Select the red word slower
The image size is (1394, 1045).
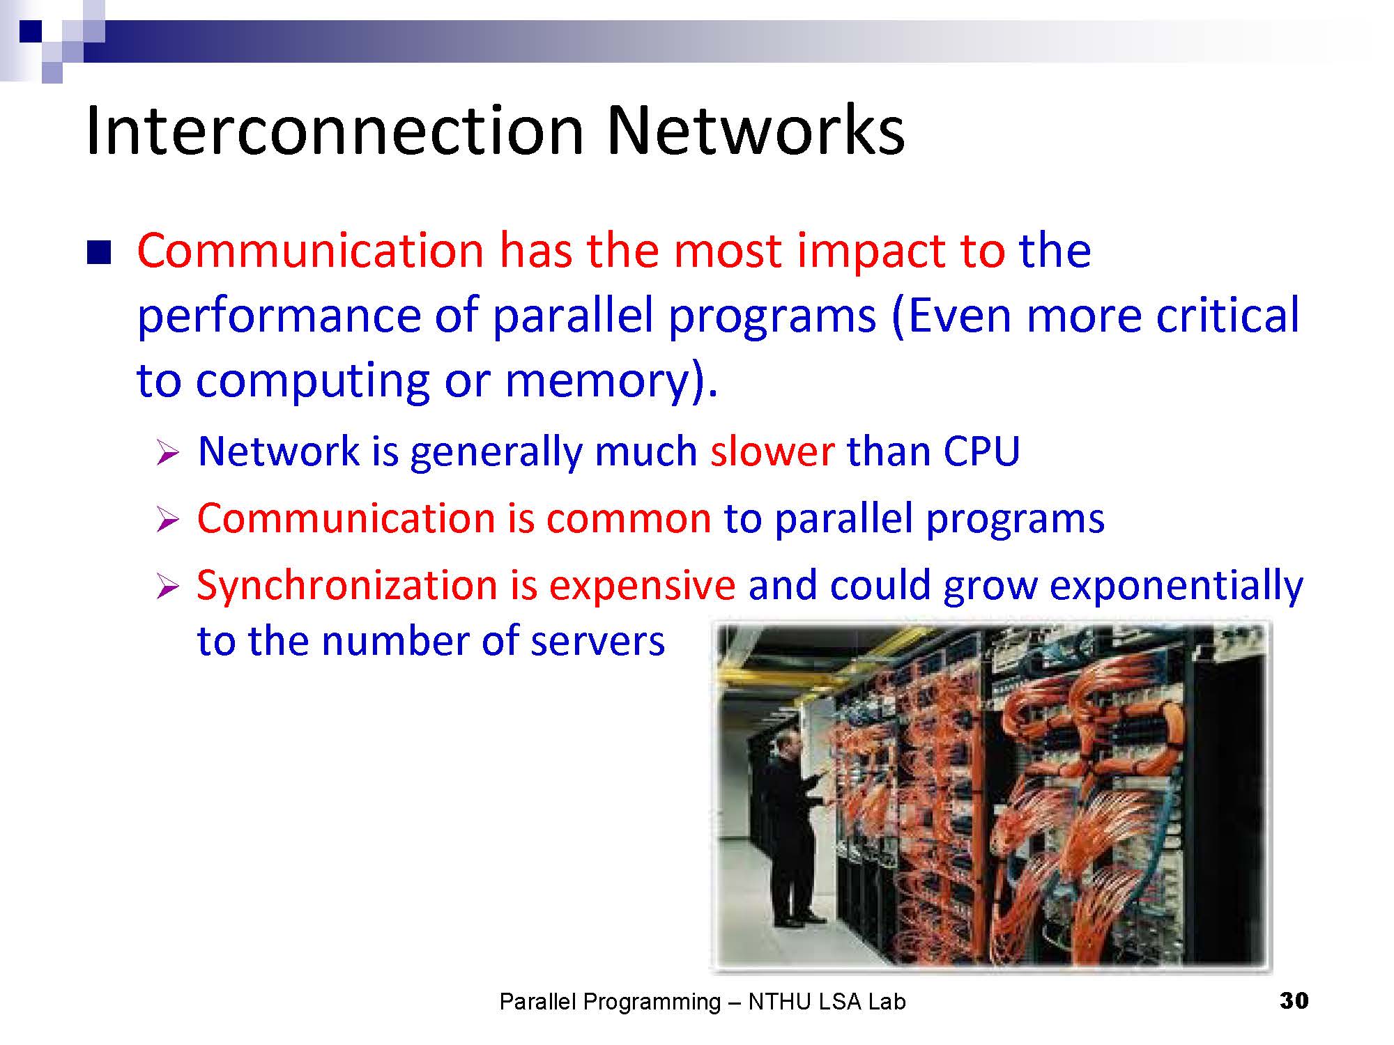[x=772, y=451]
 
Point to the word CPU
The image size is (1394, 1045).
[x=981, y=451]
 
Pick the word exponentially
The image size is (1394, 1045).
[x=1176, y=586]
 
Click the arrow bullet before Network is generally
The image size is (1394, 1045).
[x=168, y=454]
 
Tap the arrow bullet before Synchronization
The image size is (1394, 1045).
[x=168, y=587]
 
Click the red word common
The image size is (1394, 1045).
[x=628, y=519]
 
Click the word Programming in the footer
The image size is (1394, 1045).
[x=652, y=1003]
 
